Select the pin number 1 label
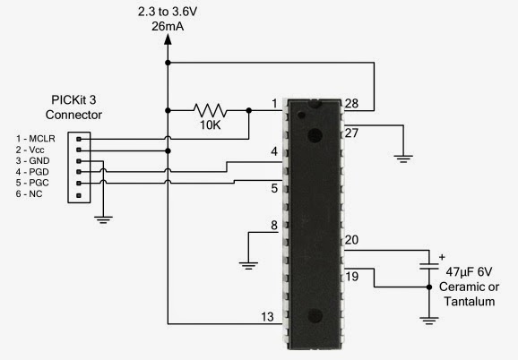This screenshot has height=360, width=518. [274, 103]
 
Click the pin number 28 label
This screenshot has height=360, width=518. [352, 103]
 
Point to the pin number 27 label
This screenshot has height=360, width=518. [352, 133]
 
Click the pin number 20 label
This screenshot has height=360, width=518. [352, 240]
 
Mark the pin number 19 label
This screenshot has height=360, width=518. [352, 277]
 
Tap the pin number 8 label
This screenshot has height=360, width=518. [274, 225]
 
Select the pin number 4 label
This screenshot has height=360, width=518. [274, 154]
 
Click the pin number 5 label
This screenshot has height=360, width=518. [274, 189]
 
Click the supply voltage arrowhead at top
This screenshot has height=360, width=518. [168, 45]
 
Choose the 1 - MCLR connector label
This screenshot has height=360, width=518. [36, 137]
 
